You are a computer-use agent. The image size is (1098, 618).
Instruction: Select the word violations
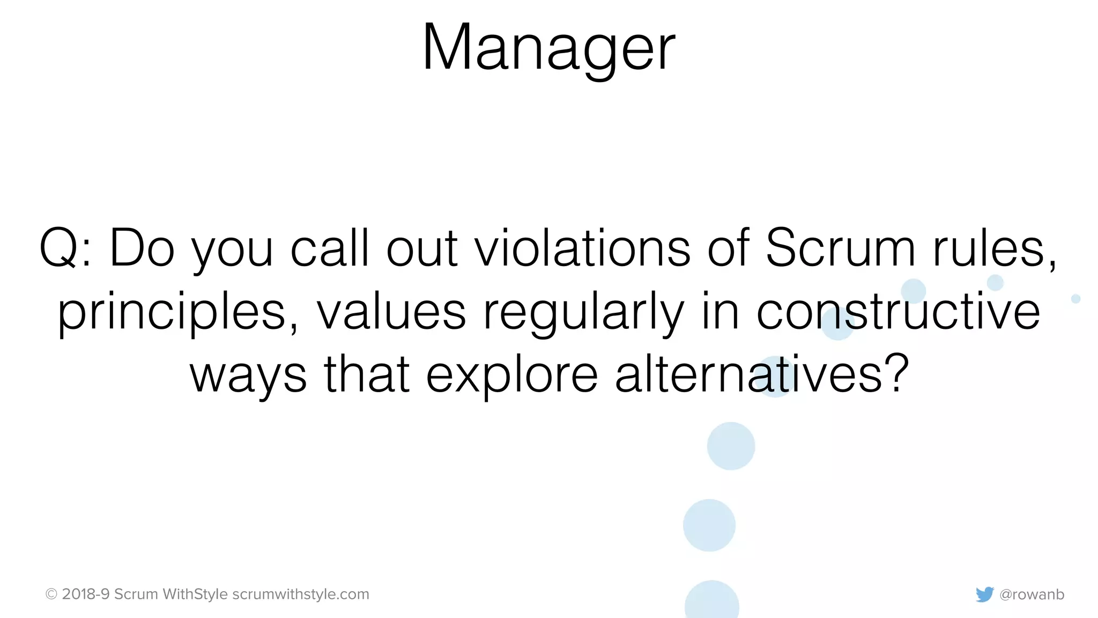(583, 248)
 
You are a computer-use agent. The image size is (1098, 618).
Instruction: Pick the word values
(391, 312)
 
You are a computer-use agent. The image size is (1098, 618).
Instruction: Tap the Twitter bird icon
(984, 594)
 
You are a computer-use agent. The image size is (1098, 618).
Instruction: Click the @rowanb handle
(1032, 594)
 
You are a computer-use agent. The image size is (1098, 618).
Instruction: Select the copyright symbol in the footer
(51, 594)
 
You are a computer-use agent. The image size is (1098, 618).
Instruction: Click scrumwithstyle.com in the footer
(301, 594)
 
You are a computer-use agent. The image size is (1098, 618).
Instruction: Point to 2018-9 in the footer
(86, 594)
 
